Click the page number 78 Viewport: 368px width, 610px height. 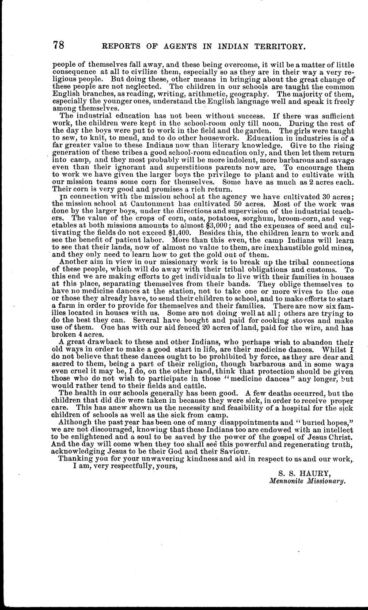click(59, 45)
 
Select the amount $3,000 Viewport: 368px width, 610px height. click(214, 225)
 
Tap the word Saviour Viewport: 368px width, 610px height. click(224, 451)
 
